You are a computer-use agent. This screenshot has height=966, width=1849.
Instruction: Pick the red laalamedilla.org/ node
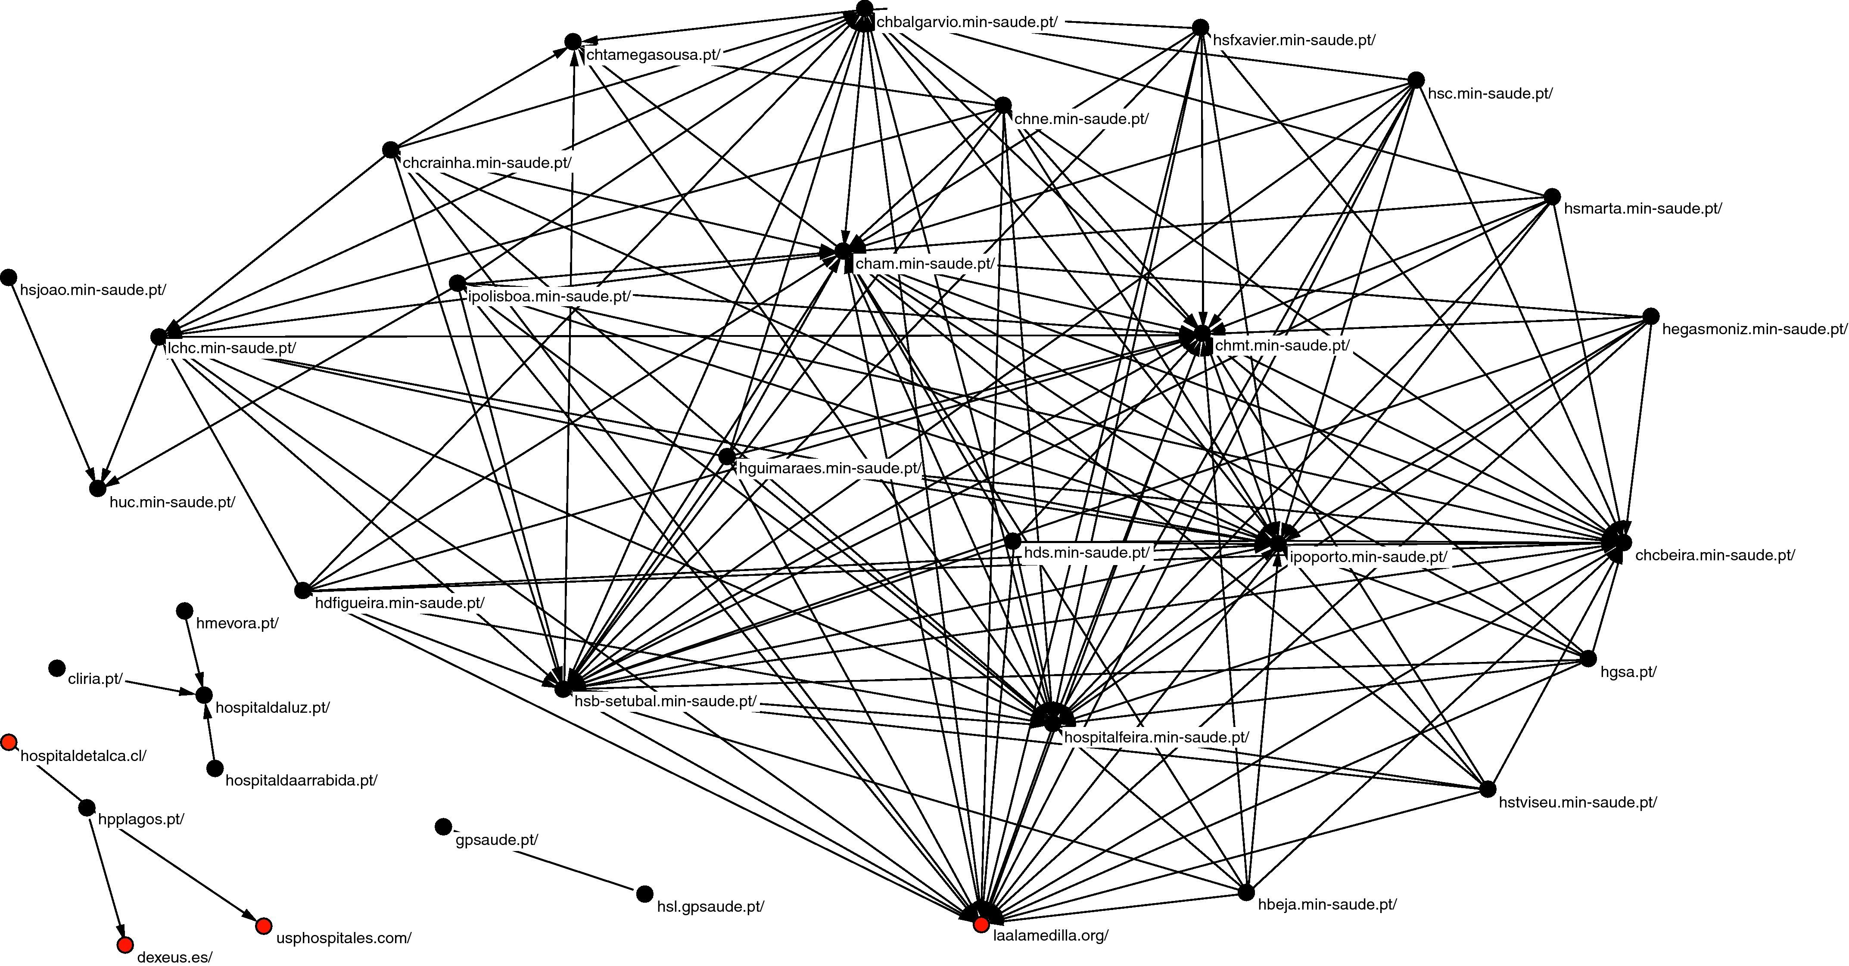tap(981, 925)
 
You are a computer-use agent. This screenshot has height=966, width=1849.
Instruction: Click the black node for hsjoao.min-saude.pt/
tap(9, 277)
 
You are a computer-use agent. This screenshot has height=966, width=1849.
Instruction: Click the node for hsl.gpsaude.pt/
tap(644, 894)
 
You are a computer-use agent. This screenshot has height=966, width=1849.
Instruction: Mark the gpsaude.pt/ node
tap(444, 827)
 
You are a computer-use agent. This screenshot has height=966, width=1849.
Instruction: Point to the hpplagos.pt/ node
tap(86, 808)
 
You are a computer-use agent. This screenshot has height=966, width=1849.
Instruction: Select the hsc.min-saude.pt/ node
tap(1416, 80)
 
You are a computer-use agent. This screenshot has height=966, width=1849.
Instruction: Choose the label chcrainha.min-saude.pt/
tap(487, 163)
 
